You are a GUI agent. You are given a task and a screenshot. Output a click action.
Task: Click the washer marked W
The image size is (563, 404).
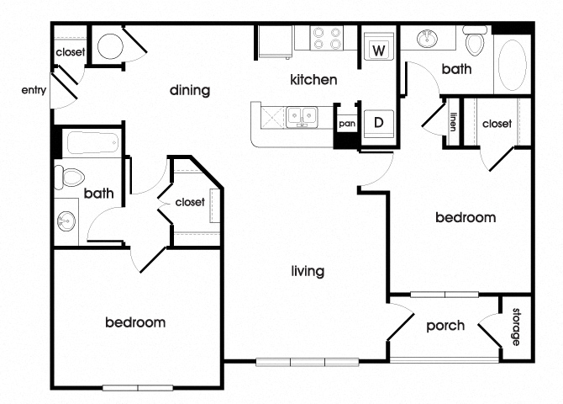pos(378,50)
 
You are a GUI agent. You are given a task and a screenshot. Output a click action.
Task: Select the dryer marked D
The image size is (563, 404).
pos(378,122)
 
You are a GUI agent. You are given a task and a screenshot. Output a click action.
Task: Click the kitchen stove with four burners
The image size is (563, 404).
pos(327,39)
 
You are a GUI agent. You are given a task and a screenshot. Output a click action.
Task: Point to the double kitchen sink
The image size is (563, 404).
pos(299,115)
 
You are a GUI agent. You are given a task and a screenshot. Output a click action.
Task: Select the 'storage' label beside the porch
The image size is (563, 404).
pos(516,327)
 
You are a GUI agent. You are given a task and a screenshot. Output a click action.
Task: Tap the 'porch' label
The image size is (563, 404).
pos(445,326)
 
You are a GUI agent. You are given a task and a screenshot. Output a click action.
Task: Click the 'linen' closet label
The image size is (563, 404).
pos(453,123)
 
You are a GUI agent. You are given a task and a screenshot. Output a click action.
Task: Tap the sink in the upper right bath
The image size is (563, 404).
pos(428,40)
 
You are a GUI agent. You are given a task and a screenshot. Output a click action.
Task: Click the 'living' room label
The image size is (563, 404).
pos(308,271)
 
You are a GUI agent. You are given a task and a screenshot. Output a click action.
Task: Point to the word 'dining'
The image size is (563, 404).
pos(189,90)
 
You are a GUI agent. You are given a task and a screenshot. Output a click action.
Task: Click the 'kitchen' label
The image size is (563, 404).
pos(313,81)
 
